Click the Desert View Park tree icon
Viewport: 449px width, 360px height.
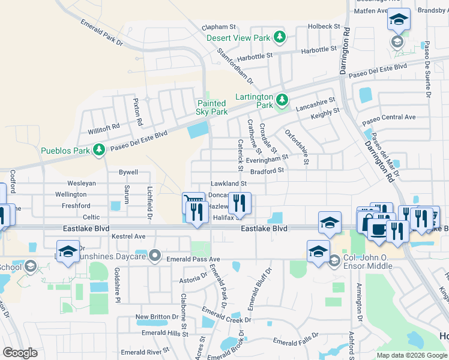click(x=279, y=37)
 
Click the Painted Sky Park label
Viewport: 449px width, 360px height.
click(x=212, y=107)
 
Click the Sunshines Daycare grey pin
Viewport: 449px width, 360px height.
click(x=155, y=256)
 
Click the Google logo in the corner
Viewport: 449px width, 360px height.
click(x=20, y=352)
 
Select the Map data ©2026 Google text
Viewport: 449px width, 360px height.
click(x=411, y=355)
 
